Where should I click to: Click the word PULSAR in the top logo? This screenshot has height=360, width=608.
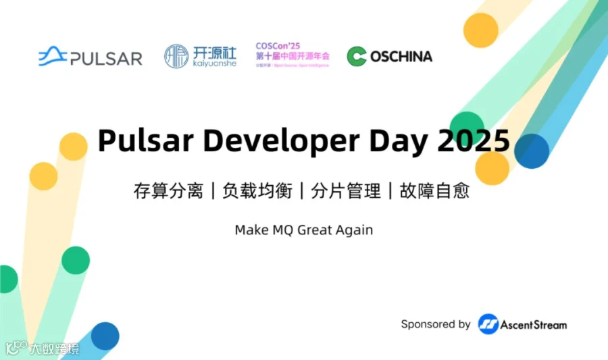(x=106, y=59)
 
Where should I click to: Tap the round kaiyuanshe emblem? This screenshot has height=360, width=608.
(x=176, y=56)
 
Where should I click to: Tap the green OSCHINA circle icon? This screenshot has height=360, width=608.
(x=357, y=57)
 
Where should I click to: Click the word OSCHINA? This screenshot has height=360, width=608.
(x=401, y=57)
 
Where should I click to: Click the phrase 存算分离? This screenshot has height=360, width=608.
(x=168, y=191)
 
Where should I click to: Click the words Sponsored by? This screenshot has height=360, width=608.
(x=436, y=324)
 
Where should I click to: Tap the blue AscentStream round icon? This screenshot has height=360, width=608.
(x=488, y=324)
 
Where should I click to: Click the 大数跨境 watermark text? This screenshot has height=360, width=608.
(x=54, y=349)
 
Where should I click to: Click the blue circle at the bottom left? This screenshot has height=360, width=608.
(x=105, y=336)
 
